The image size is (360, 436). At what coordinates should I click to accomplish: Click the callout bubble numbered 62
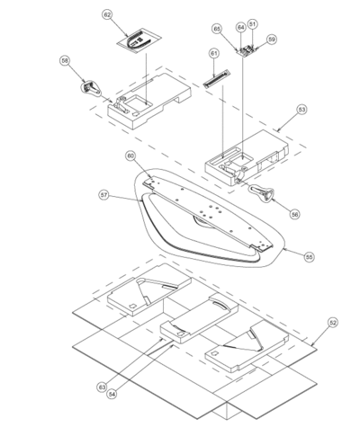coord(107,14)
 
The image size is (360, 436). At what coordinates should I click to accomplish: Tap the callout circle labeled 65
coord(217,29)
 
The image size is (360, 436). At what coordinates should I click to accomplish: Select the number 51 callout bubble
coord(253,24)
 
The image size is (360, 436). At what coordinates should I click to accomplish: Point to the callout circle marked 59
coord(272,40)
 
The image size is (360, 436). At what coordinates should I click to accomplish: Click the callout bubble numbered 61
coord(214,53)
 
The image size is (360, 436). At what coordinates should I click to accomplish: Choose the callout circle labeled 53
coord(301,110)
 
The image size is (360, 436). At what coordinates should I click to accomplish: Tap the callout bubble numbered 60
coord(130,156)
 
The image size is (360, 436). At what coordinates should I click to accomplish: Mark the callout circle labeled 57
coord(103,195)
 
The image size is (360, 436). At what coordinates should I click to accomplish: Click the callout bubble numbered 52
coord(333,323)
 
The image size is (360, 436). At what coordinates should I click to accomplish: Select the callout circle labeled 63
coord(102,387)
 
